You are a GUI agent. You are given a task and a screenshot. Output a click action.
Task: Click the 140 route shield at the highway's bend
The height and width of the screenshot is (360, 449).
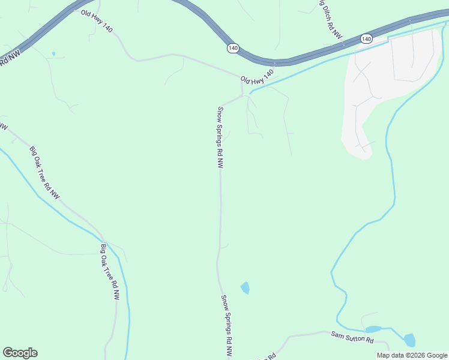point(234,48)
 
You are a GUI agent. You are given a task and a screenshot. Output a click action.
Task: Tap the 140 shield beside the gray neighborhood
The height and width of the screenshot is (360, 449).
point(366,38)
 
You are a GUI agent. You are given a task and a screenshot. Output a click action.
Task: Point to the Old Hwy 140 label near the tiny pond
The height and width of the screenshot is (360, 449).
point(97,21)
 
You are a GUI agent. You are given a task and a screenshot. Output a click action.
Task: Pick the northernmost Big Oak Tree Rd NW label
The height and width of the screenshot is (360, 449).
point(45,173)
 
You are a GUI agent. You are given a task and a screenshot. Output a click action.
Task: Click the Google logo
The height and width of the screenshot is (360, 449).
point(20,353)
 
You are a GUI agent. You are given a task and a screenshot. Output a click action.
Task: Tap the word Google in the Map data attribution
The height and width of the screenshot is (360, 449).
point(436,355)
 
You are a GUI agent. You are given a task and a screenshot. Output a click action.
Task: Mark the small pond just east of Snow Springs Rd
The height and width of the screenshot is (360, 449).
point(245,288)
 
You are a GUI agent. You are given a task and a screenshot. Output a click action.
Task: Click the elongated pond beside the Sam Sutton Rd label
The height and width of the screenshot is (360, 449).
point(373,329)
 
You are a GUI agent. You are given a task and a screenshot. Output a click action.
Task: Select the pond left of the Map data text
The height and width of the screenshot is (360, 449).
point(409,340)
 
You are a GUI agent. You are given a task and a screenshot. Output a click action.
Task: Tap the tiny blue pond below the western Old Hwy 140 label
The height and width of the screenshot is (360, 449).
point(53,54)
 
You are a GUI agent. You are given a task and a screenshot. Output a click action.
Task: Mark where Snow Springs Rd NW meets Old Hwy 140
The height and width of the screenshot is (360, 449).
point(242,96)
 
